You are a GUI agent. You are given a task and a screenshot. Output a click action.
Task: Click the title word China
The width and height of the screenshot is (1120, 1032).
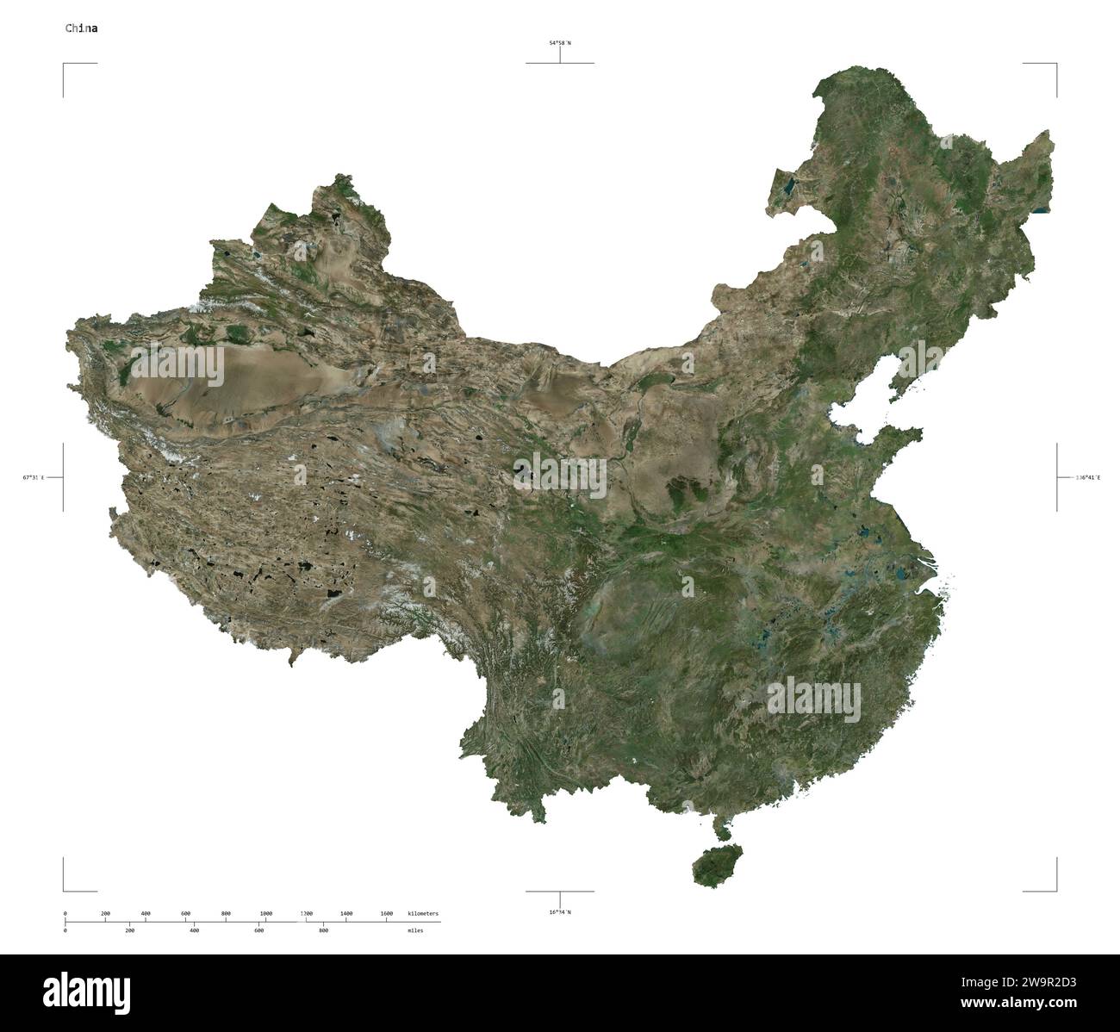pyautogui.click(x=82, y=28)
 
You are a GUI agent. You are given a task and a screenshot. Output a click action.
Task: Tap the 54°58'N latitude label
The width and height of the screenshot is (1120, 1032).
pyautogui.click(x=560, y=42)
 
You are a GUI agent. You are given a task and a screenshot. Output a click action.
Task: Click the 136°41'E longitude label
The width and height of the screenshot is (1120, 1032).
pyautogui.click(x=1087, y=476)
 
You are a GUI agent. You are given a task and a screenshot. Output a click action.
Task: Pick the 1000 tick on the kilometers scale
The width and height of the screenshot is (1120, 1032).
pyautogui.click(x=265, y=913)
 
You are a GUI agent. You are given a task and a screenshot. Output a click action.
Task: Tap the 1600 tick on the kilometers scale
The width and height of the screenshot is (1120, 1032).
pyautogui.click(x=386, y=913)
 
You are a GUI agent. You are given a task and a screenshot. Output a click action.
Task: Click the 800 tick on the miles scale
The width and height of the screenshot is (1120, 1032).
pyautogui.click(x=323, y=930)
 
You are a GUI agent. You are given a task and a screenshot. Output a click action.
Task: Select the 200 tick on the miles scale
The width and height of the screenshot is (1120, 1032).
pyautogui.click(x=129, y=930)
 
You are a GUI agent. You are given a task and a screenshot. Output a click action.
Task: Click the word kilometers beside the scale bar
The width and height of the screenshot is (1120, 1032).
pyautogui.click(x=422, y=913)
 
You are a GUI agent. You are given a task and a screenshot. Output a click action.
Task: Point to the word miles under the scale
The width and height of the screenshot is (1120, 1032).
pyautogui.click(x=415, y=930)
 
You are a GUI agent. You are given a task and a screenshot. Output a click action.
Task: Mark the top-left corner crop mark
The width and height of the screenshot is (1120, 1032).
pyautogui.click(x=64, y=65)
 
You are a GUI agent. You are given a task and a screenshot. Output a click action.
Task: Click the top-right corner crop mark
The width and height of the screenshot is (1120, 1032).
pyautogui.click(x=1055, y=65)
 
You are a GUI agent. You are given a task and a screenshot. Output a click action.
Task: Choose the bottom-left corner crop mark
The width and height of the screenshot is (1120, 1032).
pyautogui.click(x=64, y=890)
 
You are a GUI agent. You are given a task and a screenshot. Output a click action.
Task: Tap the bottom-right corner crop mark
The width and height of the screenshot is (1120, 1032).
pyautogui.click(x=1055, y=890)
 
